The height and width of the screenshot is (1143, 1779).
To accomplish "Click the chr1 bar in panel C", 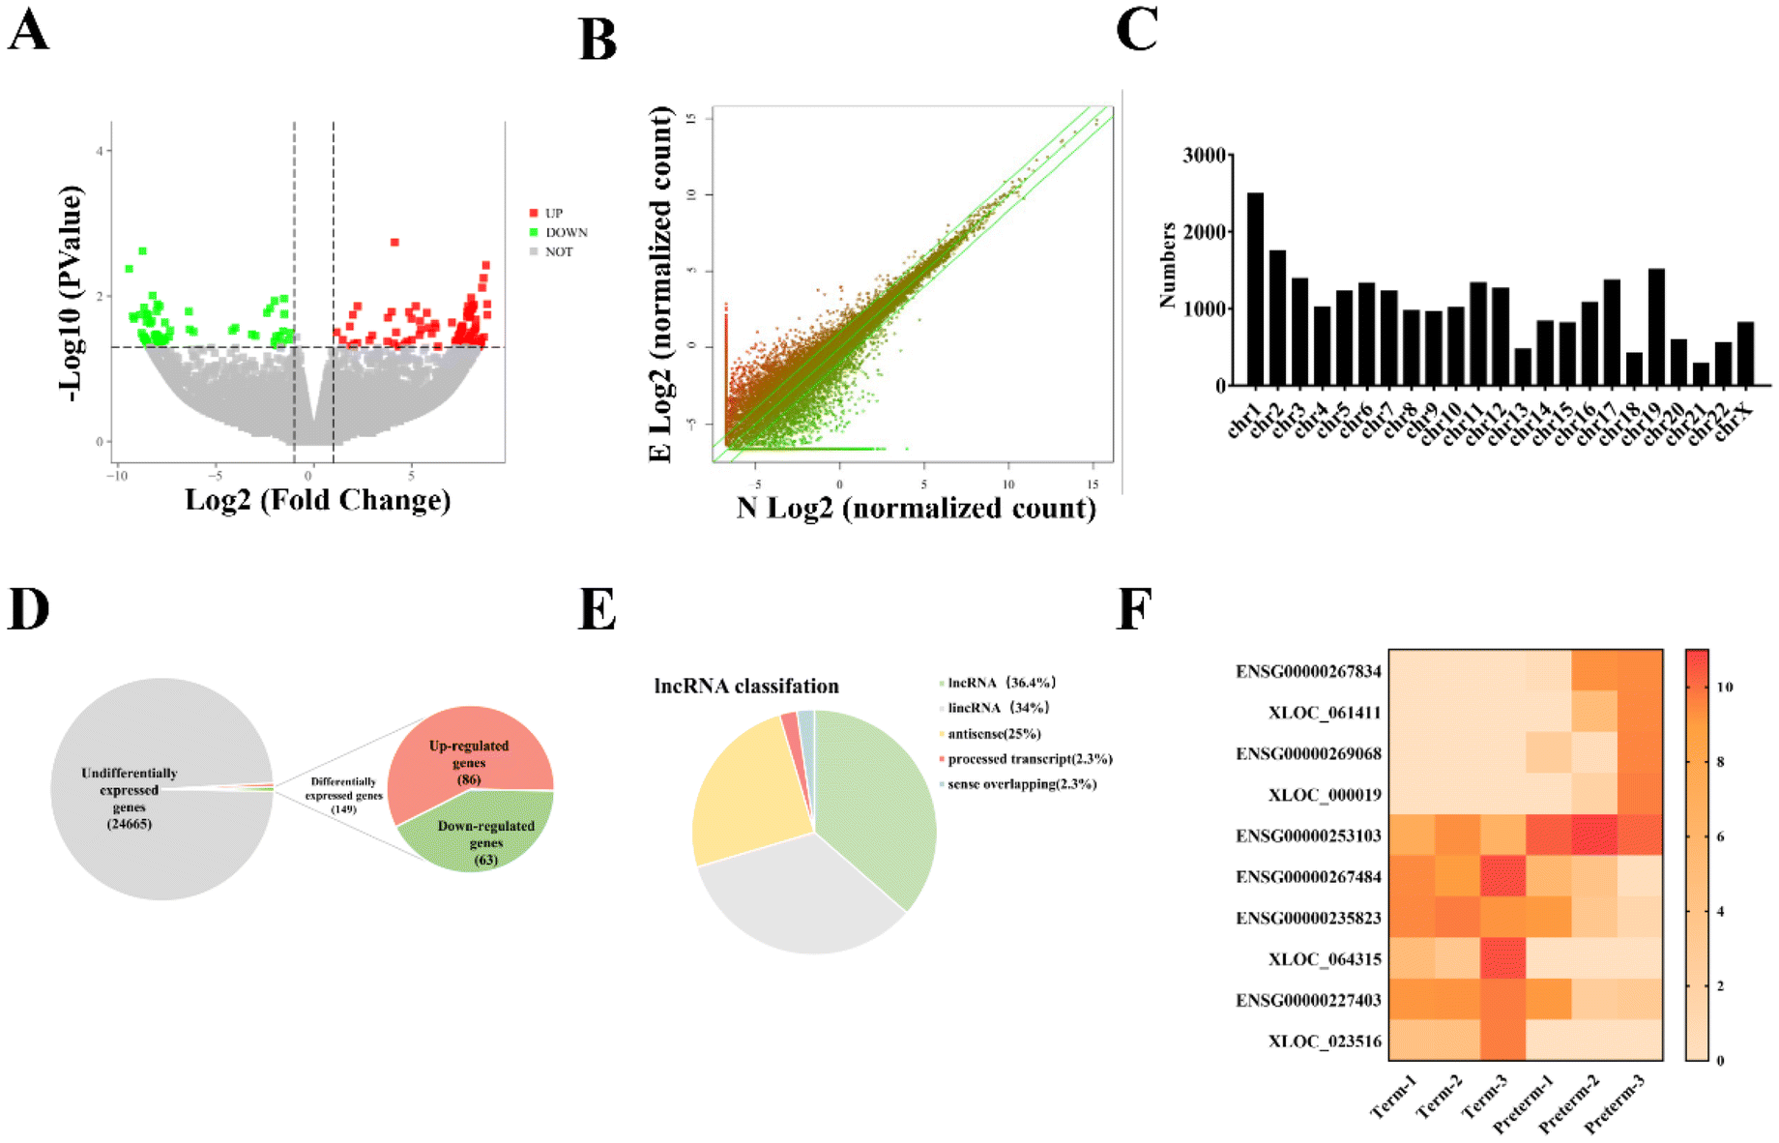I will (x=1255, y=290).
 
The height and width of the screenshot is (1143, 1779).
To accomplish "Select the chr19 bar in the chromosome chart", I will (x=1656, y=328).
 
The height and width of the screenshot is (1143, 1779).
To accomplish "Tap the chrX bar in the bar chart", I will (x=1745, y=354).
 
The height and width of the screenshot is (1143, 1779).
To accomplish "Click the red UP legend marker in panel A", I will (x=534, y=213).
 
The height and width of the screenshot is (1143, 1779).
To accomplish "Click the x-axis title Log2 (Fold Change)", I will (x=317, y=500).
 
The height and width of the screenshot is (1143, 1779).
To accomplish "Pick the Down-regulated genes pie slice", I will (x=483, y=832).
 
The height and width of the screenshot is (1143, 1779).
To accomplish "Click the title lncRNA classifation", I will (x=746, y=686).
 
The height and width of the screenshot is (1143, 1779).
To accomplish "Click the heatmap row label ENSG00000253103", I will (x=1308, y=835).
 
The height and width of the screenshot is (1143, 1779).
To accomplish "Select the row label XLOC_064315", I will (x=1325, y=959).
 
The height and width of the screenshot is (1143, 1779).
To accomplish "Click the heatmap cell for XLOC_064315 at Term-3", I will (x=1502, y=959).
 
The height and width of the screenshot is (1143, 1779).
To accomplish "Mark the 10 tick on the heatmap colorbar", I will (x=1724, y=688).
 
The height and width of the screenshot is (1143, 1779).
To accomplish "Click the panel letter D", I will (x=29, y=609).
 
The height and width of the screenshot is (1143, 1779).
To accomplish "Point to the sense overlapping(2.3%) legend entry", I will (x=1021, y=784).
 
